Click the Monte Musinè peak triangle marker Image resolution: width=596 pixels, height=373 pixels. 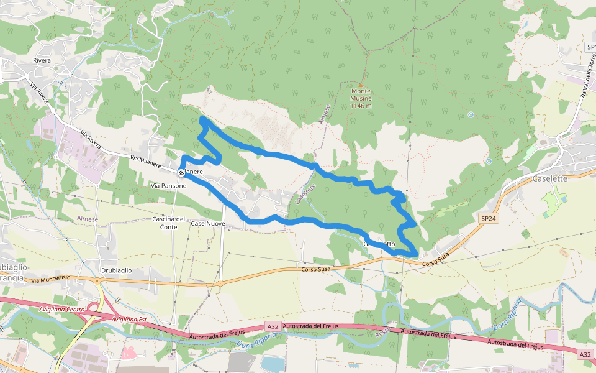360,85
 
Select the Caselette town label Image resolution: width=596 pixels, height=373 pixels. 550,178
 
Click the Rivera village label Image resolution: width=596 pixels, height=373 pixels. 42,60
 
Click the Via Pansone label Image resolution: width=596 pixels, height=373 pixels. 168,186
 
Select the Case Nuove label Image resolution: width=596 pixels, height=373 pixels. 208,223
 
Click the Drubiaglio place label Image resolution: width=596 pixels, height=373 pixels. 116,270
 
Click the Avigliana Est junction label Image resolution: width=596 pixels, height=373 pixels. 129,320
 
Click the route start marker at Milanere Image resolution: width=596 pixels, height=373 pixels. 181,173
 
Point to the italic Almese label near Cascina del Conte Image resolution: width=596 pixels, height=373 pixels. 88,219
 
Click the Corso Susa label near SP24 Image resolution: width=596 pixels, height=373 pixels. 435,260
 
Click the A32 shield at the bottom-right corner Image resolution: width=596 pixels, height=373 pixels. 584,354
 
